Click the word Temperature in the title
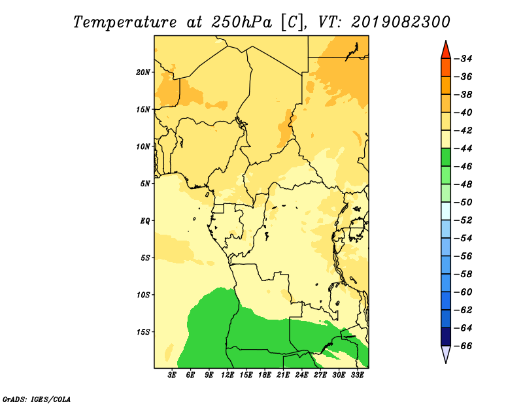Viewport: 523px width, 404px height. point(125,22)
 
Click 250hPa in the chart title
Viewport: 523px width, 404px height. point(241,22)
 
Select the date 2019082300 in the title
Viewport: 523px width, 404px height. point(400,22)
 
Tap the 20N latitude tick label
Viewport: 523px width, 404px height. point(143,73)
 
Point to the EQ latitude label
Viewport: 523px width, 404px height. point(145,221)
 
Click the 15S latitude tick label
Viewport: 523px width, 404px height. point(143,332)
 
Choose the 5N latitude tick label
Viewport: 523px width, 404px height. point(145,184)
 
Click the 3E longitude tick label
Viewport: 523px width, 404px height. point(172,375)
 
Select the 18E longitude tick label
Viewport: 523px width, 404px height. point(265,375)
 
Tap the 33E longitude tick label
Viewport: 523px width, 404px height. point(357,375)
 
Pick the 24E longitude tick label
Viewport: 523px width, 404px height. point(301,375)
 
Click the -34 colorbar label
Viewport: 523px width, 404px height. point(464,59)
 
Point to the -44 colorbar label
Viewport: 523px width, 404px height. point(464,148)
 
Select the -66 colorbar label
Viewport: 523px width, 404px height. point(464,346)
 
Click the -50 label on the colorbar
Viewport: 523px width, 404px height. point(464,202)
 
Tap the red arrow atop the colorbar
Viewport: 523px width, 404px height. point(446,50)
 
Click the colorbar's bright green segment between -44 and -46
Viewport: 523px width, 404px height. point(446,158)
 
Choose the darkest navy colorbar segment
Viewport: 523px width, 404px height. point(446,337)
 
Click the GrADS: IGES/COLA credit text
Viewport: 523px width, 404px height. point(37,399)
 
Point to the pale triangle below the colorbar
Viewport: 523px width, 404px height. point(446,354)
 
